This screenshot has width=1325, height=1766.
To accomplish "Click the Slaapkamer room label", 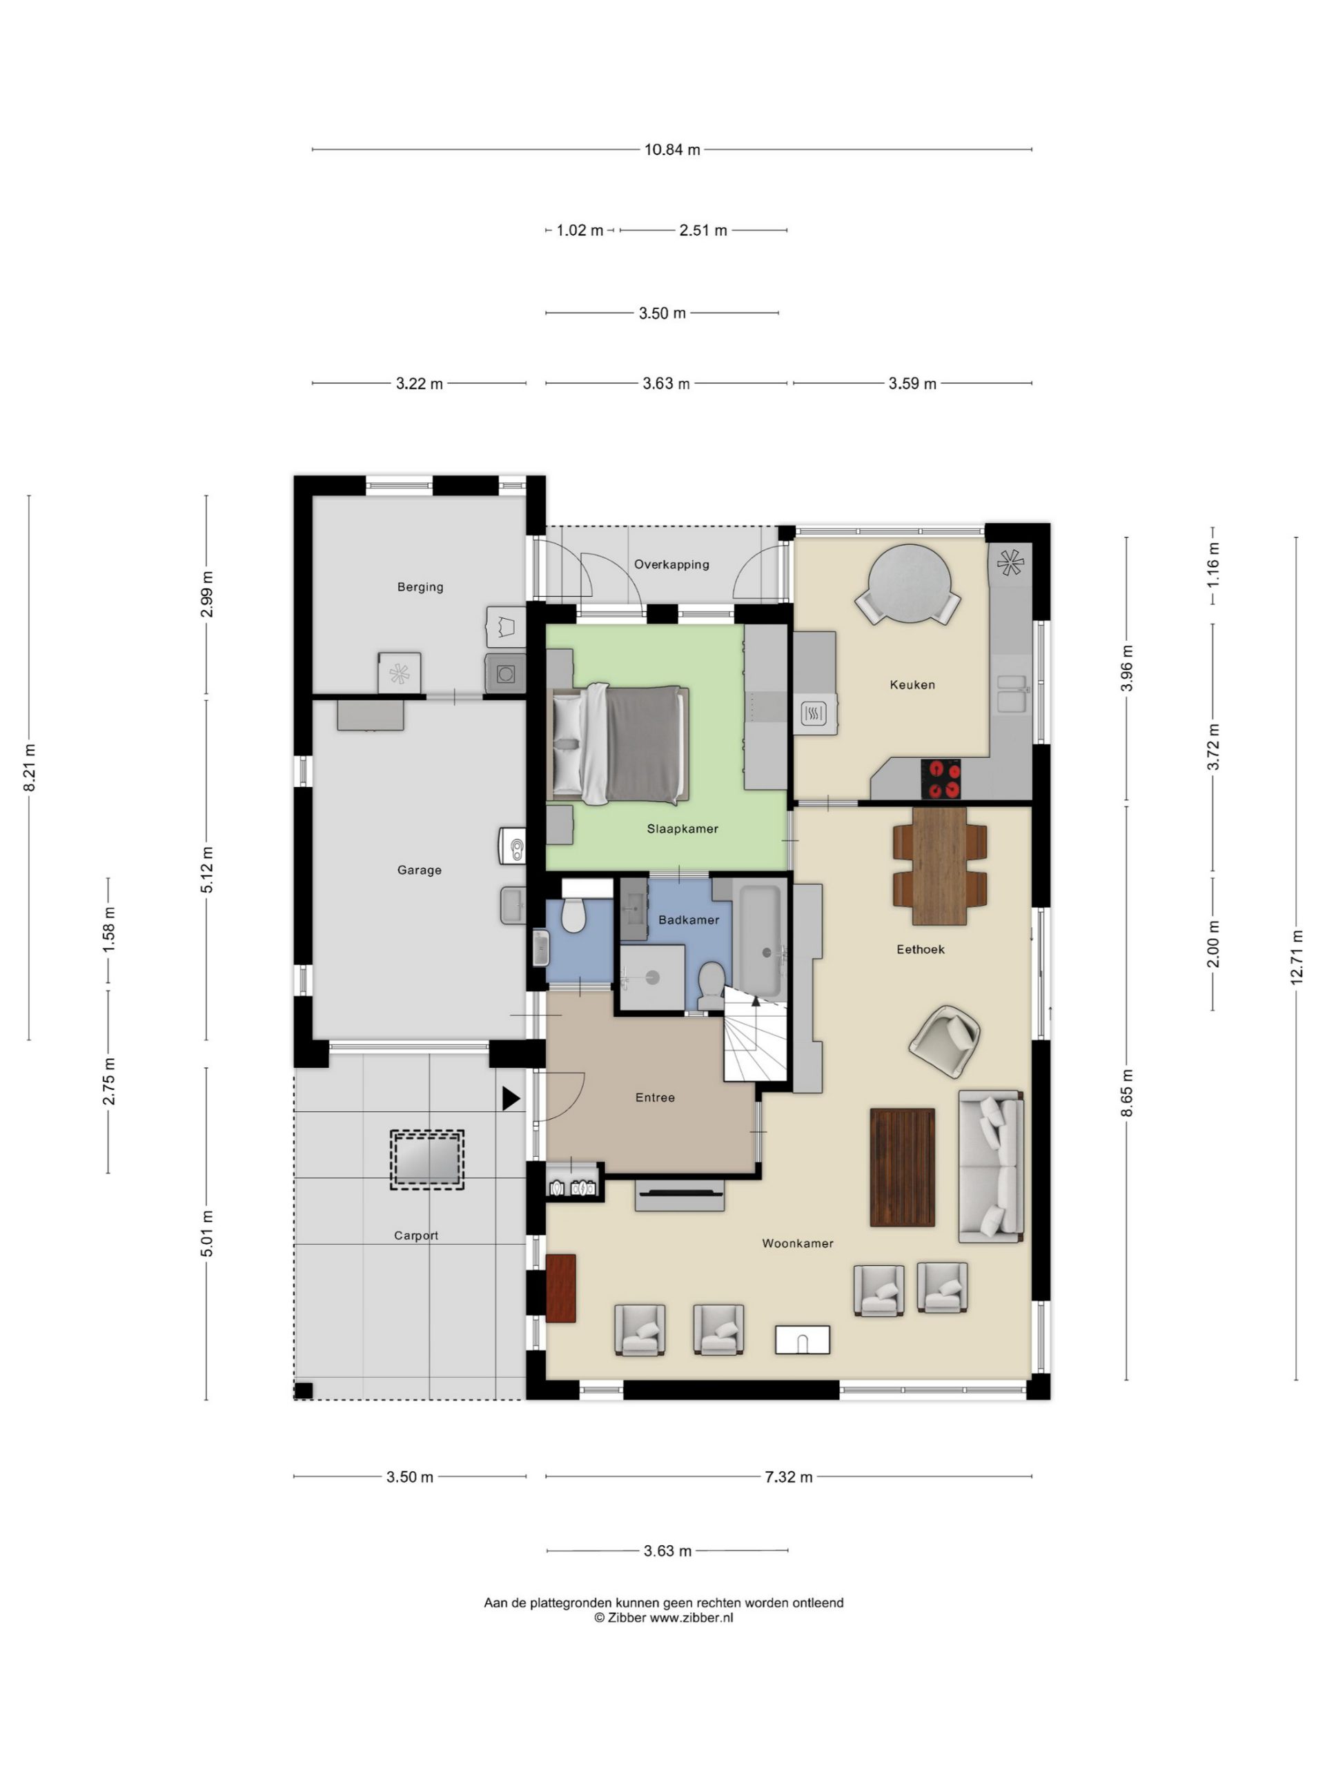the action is click(x=682, y=829).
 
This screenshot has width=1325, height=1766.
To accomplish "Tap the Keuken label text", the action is click(x=912, y=684).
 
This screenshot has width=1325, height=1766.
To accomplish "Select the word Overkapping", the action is click(x=671, y=564).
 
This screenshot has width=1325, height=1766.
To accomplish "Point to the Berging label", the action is click(x=420, y=587).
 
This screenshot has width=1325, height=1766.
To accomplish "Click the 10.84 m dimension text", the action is click(x=671, y=149).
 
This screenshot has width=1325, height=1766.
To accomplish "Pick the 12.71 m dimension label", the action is click(x=1296, y=958).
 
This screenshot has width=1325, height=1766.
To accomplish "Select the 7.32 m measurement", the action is click(x=788, y=1477).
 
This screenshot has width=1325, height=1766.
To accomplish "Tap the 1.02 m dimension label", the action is click(x=580, y=230).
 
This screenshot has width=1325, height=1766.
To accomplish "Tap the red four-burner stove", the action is click(x=941, y=778).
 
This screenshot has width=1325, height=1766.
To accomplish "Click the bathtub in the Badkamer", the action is click(x=758, y=940).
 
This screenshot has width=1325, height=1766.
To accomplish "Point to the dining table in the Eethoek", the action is click(x=939, y=866).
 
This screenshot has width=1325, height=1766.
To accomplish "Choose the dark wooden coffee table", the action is click(x=903, y=1167).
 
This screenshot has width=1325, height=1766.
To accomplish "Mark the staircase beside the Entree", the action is click(x=756, y=1035).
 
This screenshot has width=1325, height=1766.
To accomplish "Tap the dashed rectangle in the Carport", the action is click(x=426, y=1160).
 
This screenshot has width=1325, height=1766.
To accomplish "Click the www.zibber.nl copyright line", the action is click(x=663, y=1618).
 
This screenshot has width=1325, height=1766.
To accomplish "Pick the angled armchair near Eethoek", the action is click(x=945, y=1041).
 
